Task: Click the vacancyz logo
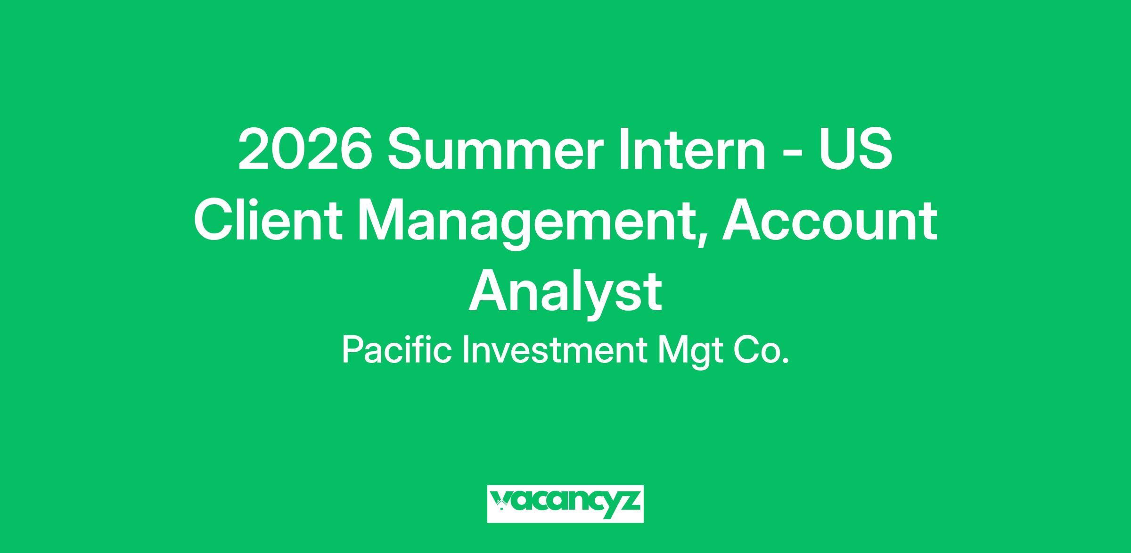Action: point(565,504)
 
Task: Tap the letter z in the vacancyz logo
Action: point(629,501)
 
